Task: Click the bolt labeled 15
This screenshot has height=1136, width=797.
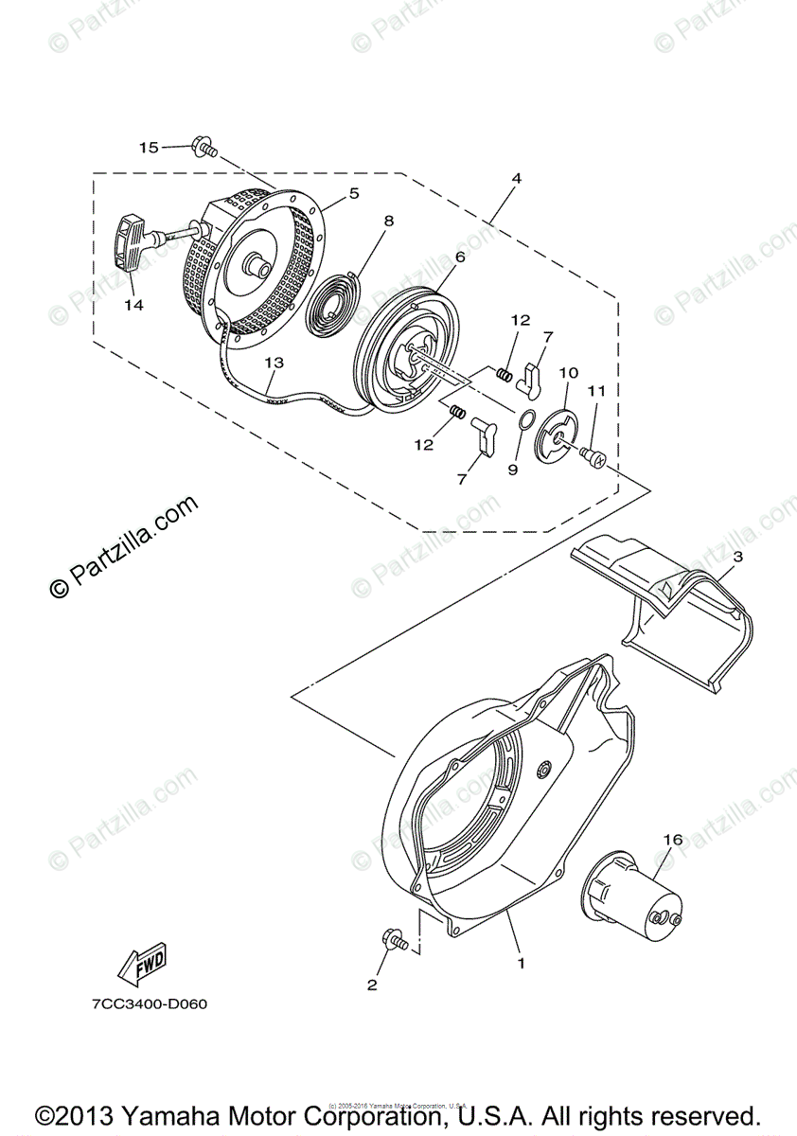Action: (204, 147)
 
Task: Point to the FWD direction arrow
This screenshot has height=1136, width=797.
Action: (141, 962)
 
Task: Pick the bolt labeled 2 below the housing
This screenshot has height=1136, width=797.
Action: (393, 940)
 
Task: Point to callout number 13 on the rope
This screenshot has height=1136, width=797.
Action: (274, 362)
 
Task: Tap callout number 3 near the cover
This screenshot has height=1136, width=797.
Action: (736, 557)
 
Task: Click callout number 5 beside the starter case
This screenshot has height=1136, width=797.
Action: (353, 192)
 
